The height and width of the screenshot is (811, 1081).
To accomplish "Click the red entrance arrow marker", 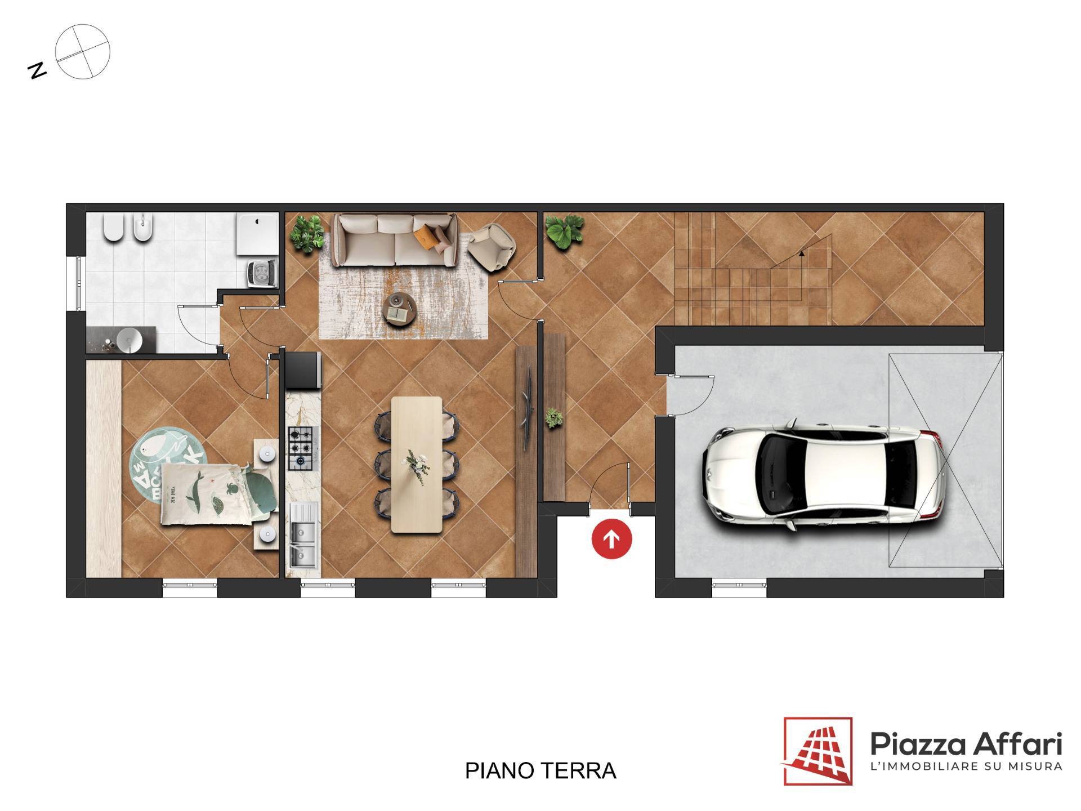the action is point(611,539).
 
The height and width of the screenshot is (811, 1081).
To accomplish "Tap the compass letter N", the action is point(37,70).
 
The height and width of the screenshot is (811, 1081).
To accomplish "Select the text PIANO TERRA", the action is point(540,770).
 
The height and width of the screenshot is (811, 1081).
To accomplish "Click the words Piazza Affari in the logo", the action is point(966,744).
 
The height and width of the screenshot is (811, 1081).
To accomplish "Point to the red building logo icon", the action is point(818,751).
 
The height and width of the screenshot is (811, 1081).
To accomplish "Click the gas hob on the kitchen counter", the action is point(301,448).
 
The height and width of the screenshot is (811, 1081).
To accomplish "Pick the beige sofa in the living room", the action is point(395,239).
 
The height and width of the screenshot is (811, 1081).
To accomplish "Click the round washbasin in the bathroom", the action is point(130,340).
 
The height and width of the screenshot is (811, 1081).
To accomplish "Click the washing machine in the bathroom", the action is point(262,274).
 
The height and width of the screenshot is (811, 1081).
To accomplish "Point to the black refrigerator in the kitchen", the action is point(303,370).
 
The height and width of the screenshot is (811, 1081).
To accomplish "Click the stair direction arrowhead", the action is point(802,253).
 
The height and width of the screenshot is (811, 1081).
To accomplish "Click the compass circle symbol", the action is point(83,51).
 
